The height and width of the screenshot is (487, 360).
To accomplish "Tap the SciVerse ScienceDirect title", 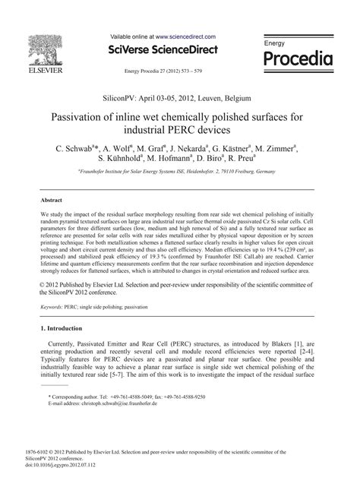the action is pyautogui.click(x=163, y=50).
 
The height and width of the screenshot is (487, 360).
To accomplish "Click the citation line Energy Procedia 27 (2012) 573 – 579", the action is pyautogui.click(x=163, y=70).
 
